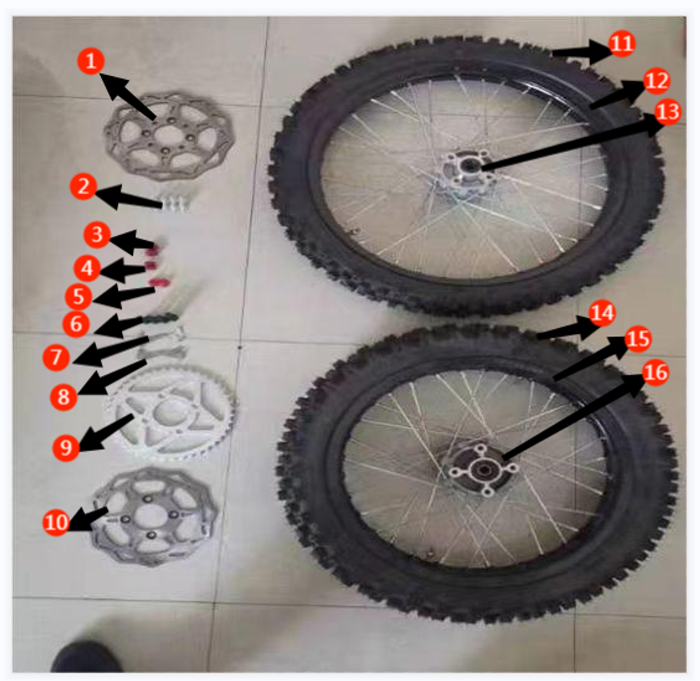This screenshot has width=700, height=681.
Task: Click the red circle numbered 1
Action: [x=90, y=61]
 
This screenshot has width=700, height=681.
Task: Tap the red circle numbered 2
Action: [x=83, y=188]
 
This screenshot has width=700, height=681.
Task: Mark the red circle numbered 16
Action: [x=654, y=374]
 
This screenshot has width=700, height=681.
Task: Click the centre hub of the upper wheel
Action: [x=465, y=168]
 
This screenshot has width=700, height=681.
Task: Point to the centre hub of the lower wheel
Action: [x=480, y=467]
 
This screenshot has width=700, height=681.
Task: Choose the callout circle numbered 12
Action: [x=656, y=81]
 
